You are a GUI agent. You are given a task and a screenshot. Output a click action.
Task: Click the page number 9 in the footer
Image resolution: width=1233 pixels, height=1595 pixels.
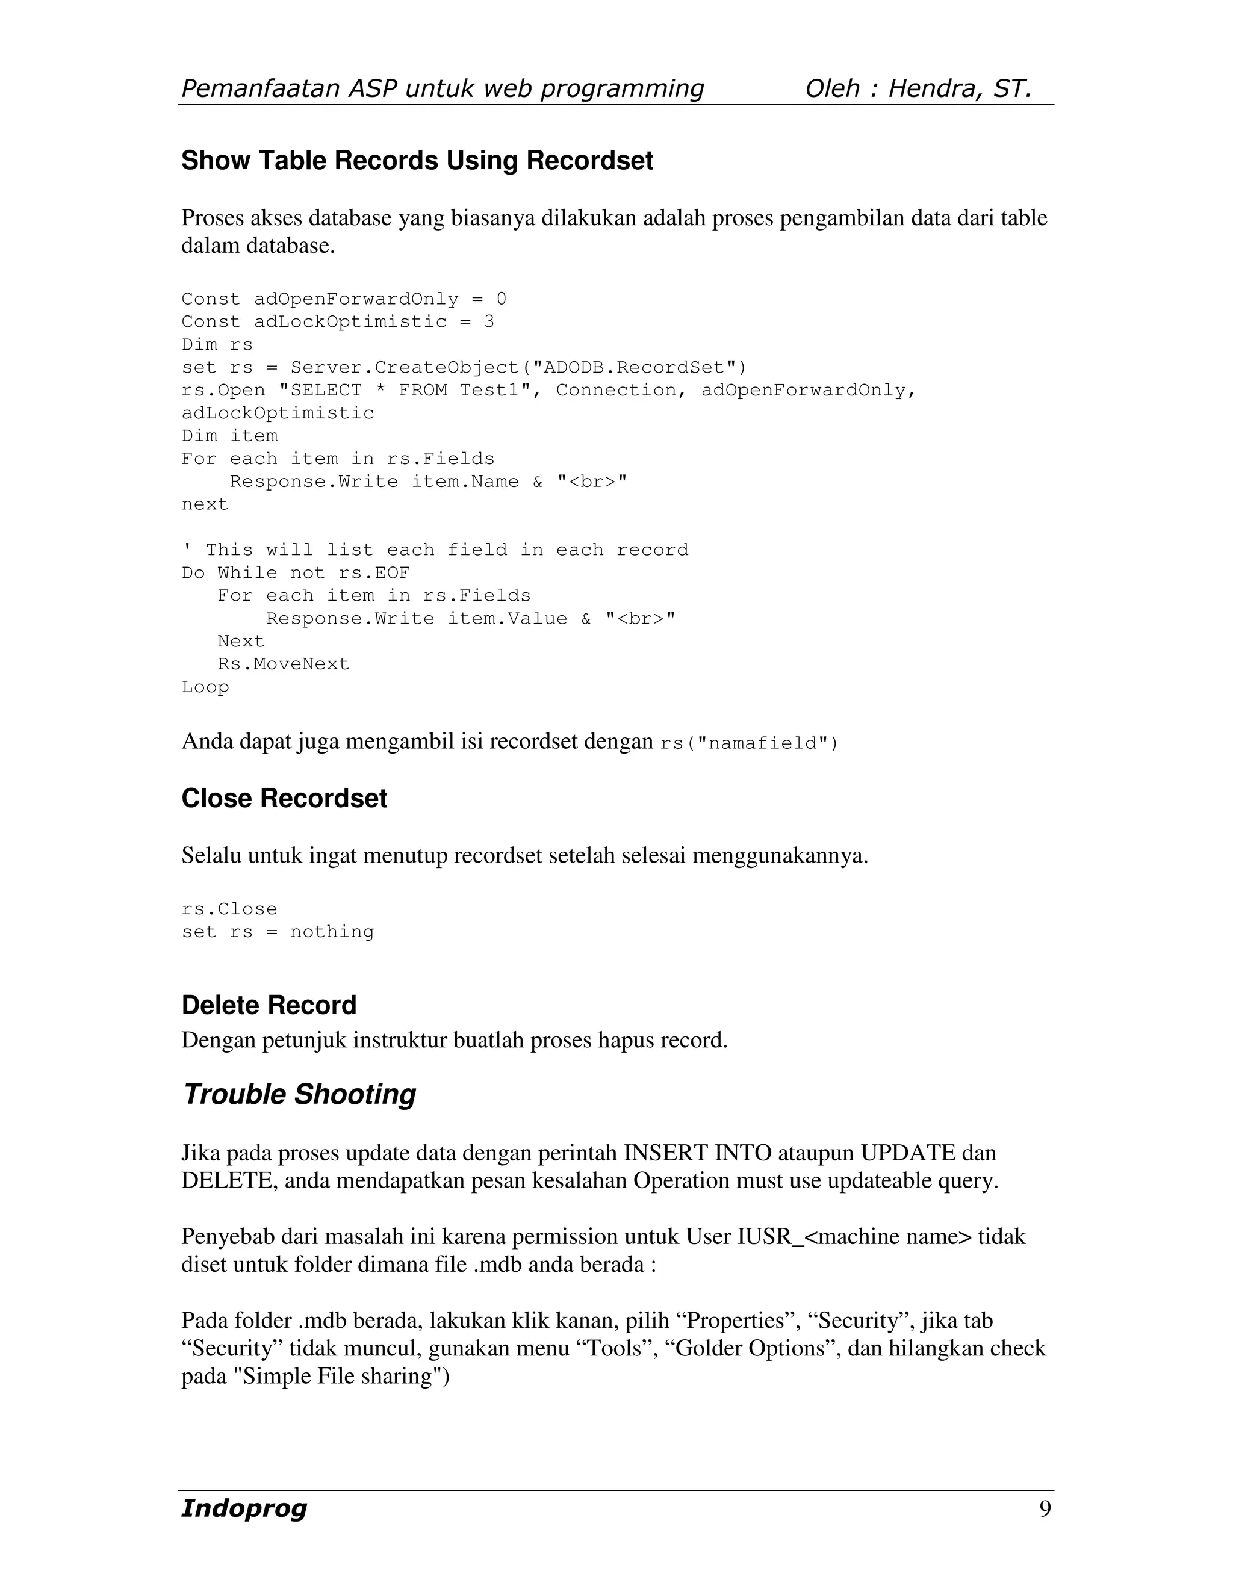1045,1509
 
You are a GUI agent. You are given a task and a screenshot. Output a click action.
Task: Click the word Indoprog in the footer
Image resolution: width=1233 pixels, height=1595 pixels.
244,1508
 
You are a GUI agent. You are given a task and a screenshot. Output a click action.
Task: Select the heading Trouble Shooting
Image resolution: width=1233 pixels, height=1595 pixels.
299,1094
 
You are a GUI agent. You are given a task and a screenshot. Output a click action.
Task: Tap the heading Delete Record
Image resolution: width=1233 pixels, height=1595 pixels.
269,1005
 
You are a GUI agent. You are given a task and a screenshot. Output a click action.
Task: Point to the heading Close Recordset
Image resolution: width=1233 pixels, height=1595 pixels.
284,798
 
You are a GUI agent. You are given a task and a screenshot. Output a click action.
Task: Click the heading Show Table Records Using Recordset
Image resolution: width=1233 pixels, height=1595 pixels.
417,161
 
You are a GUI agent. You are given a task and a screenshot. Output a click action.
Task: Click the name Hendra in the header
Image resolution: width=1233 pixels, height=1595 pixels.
934,88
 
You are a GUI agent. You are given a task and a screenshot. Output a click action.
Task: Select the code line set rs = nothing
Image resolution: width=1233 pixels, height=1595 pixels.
278,932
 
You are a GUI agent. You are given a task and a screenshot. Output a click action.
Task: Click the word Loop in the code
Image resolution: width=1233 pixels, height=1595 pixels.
205,687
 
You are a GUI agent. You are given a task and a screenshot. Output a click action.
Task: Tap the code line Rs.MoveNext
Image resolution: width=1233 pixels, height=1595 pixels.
284,664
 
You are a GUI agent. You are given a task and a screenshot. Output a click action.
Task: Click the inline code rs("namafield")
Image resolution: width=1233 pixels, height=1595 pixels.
750,743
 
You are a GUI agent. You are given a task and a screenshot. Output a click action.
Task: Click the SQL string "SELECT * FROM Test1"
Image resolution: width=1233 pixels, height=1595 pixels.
405,391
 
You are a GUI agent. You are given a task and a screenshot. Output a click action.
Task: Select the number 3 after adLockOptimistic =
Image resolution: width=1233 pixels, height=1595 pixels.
489,322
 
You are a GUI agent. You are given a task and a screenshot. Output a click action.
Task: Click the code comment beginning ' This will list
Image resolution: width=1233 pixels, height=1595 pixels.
435,550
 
